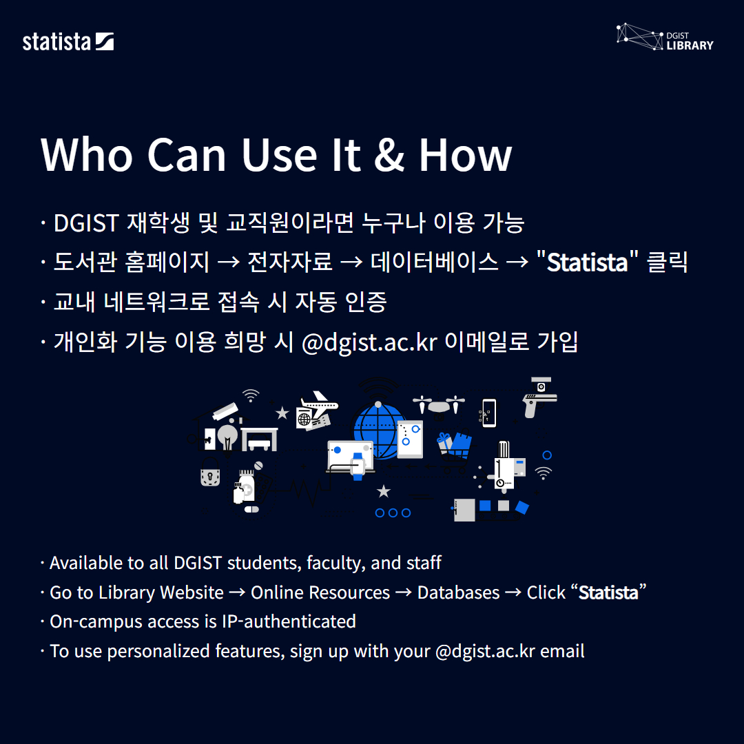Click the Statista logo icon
point(105,42)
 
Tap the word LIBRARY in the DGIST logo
point(690,45)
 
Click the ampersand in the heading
point(389,155)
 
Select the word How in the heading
point(465,155)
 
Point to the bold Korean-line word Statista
point(588,262)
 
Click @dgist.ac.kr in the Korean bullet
point(369,342)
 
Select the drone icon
point(439,405)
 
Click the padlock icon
point(210,472)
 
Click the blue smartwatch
point(358,466)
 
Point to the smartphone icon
point(489,413)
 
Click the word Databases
point(458,592)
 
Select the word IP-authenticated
point(289,621)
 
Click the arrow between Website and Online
point(237,592)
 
